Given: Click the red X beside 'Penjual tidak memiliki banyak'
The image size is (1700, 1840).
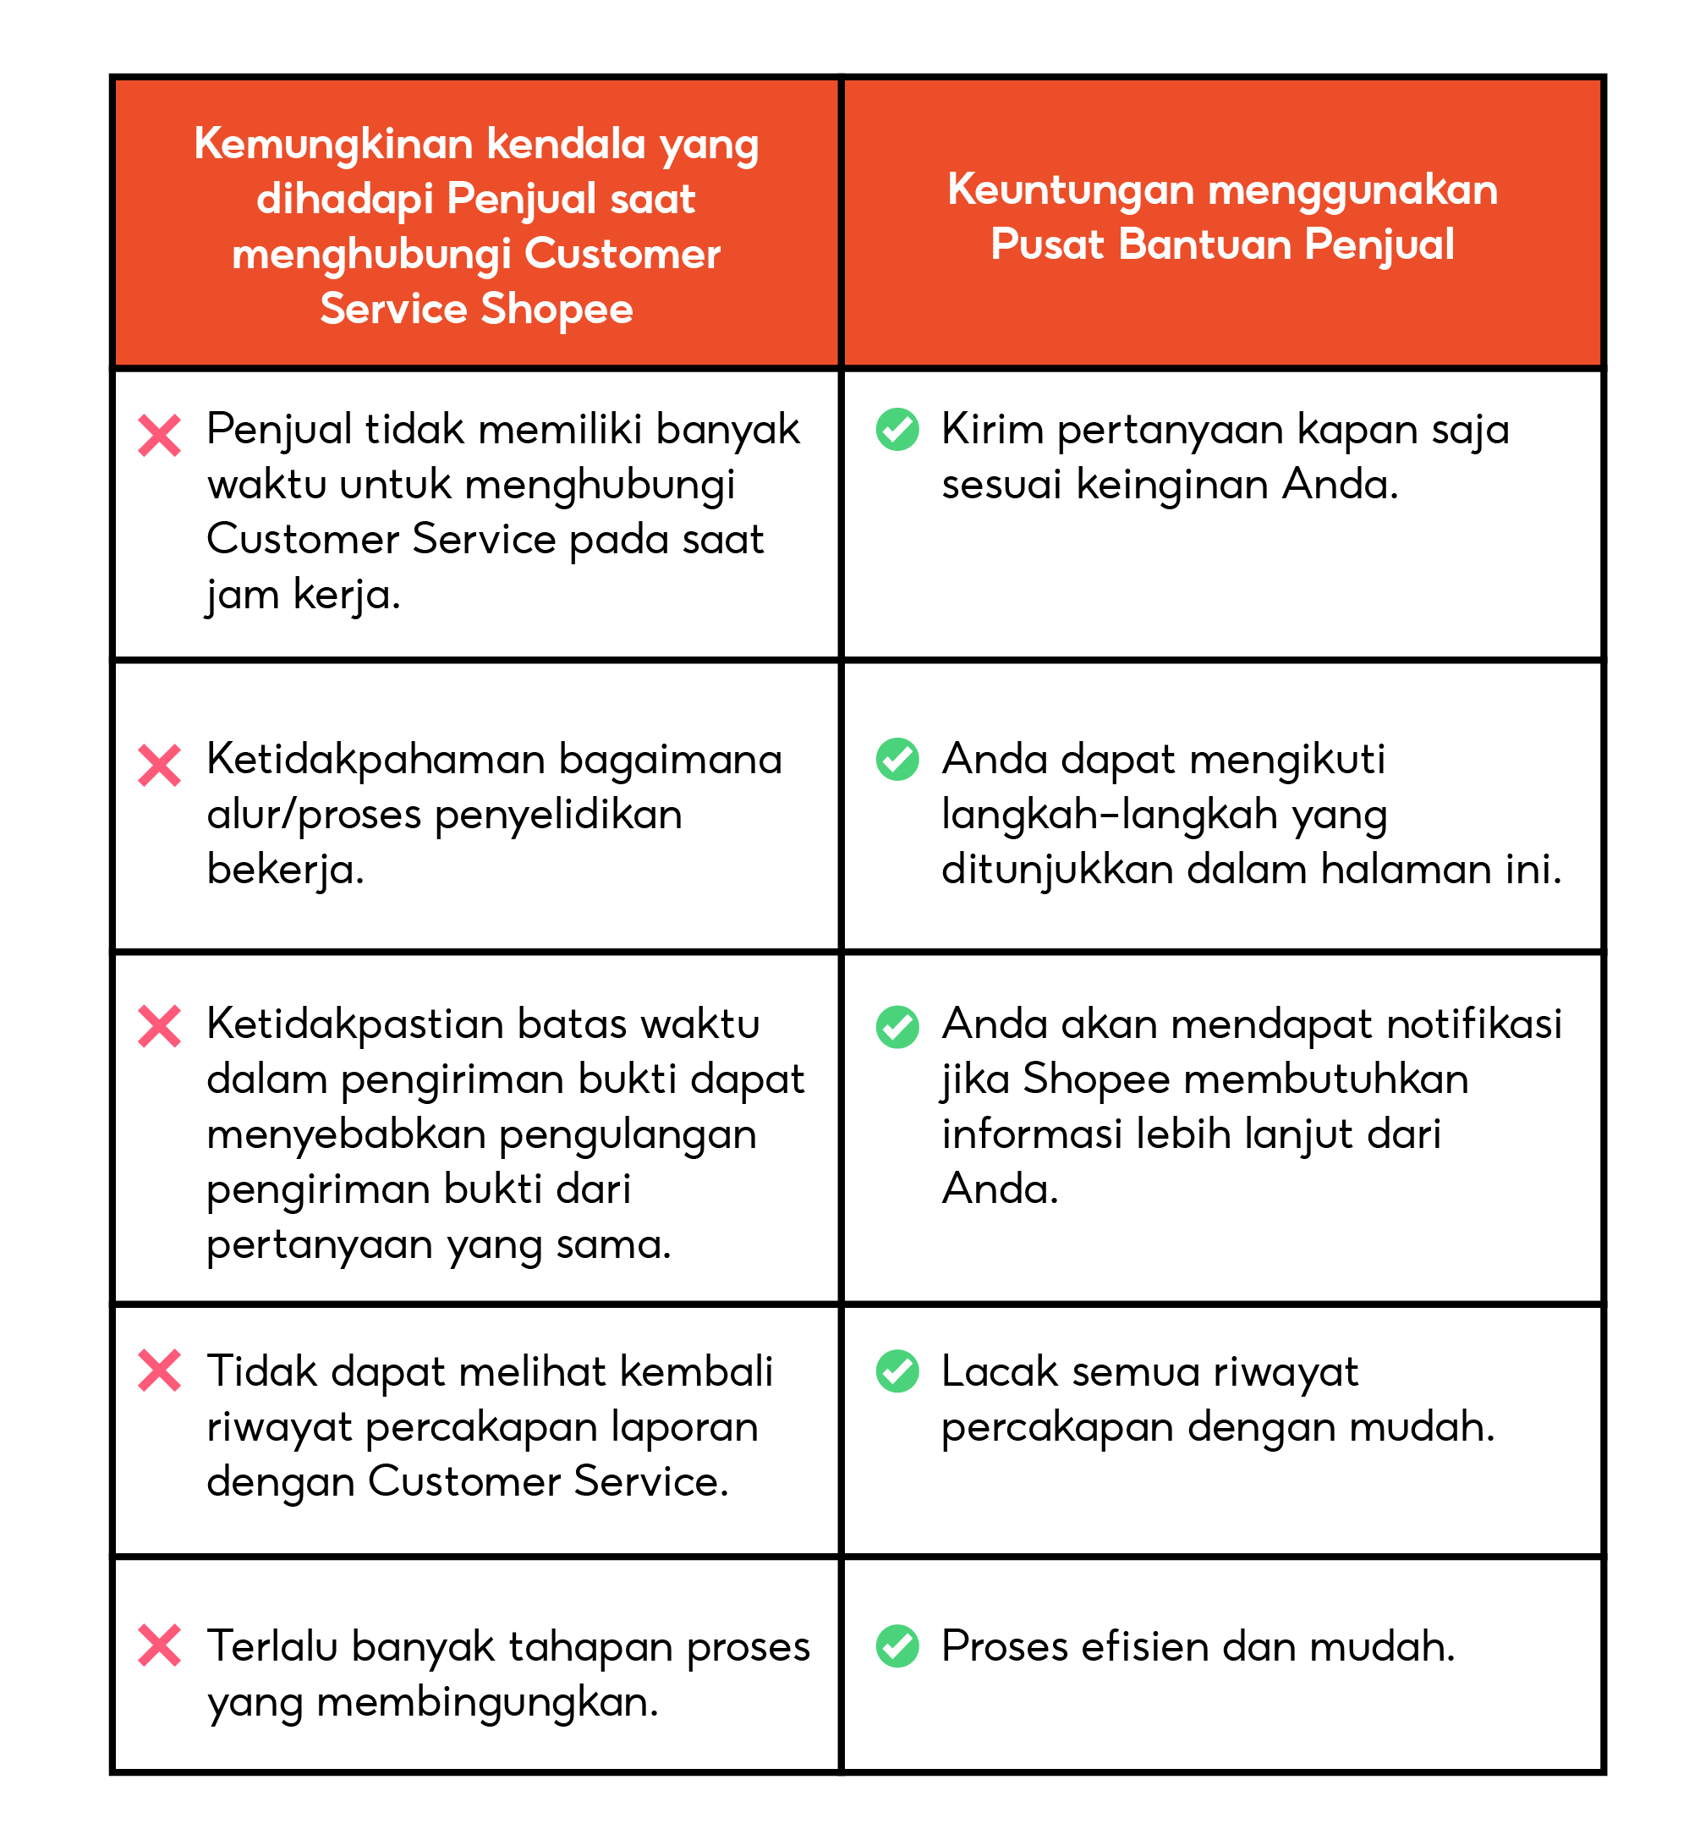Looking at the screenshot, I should point(159,435).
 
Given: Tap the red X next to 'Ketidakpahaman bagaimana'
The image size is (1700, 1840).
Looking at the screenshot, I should point(159,766).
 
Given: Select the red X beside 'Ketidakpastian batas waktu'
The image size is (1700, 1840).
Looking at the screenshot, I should point(159,1026).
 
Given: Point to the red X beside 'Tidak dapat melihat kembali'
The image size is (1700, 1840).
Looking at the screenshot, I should point(159,1370).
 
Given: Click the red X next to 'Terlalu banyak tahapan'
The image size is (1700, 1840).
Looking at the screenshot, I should point(159,1646).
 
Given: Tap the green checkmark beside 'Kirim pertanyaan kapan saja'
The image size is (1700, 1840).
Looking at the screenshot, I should point(897,430).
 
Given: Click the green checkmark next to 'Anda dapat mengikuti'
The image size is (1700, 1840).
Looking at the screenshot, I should point(897,759).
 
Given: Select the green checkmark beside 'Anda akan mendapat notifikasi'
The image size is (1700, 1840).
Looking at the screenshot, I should point(897,1027).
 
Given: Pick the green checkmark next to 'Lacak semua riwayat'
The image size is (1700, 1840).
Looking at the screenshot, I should point(897,1370).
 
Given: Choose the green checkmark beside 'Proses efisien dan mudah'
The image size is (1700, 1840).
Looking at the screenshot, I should point(897,1646).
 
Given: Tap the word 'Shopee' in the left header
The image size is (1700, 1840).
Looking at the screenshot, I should point(557,309).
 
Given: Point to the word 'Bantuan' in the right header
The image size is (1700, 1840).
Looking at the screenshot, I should point(1208,244).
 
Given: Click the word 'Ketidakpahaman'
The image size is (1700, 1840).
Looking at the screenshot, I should point(376,761).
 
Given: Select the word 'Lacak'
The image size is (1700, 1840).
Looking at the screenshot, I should point(999,1371).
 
